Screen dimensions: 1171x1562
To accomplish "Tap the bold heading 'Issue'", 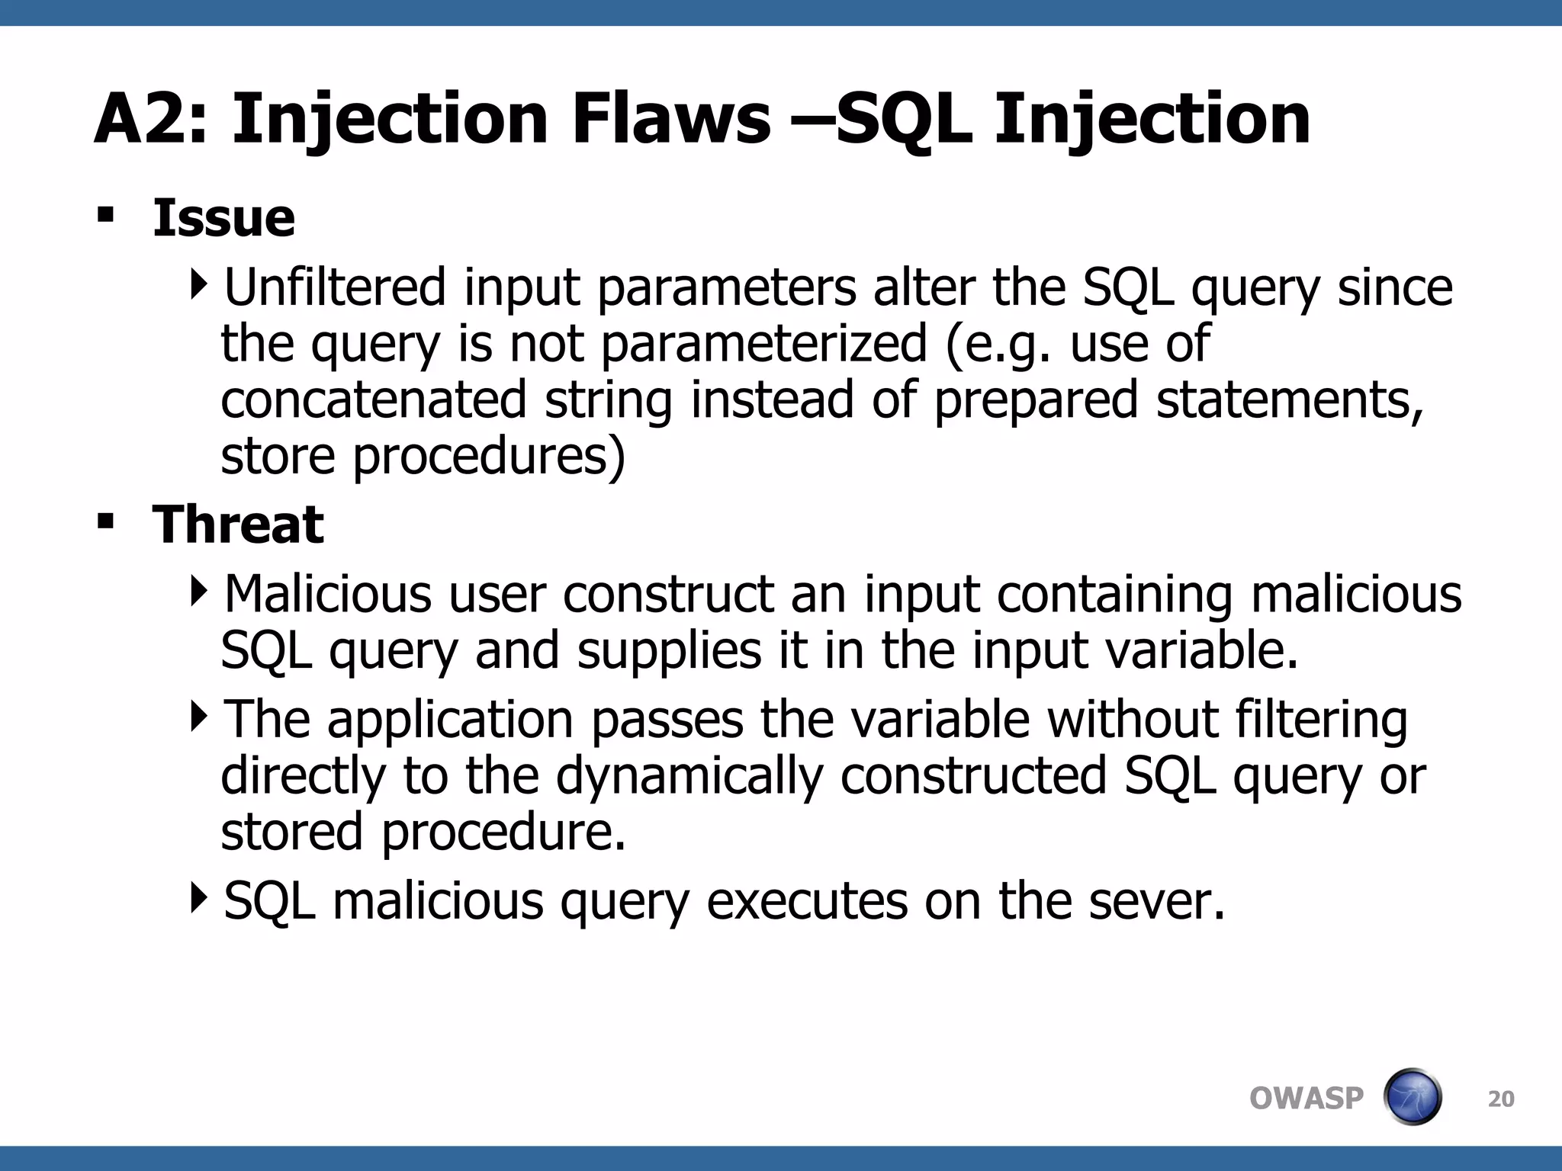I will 223,219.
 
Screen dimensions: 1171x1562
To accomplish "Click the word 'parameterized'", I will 763,344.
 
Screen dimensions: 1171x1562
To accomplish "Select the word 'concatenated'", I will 374,400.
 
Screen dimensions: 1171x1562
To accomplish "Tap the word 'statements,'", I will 1290,400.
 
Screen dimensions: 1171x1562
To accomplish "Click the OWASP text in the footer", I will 1306,1099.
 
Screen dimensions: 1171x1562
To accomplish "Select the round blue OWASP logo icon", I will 1412,1097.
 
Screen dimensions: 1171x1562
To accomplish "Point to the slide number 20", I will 1501,1099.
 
